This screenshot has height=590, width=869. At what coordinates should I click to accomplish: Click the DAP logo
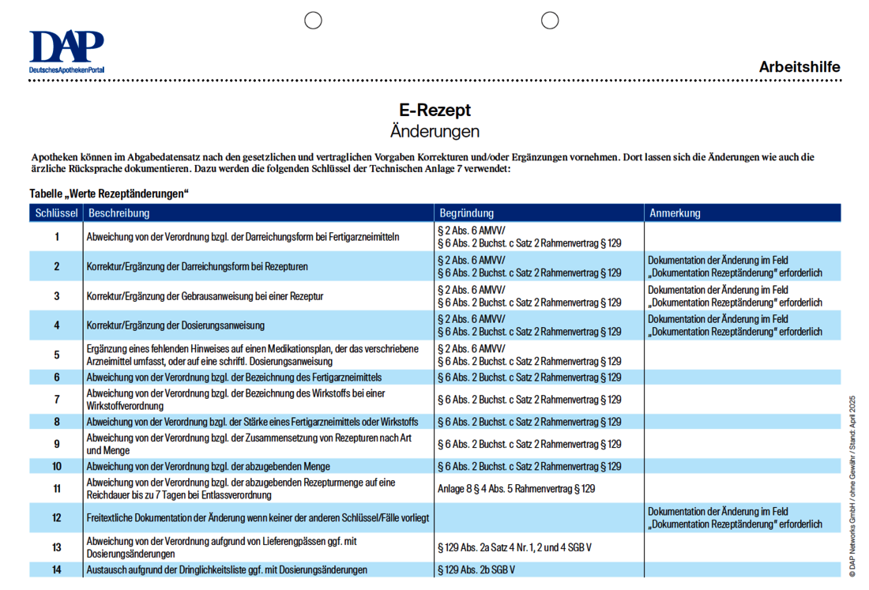click(66, 51)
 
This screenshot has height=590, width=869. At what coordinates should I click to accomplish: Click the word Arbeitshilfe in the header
click(799, 67)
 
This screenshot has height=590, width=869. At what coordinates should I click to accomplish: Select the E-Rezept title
click(434, 111)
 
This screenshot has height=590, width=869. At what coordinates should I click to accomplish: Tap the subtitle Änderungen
click(434, 131)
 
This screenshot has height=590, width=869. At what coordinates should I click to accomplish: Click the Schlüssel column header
click(56, 213)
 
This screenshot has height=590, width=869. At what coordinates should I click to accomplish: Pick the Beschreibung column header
click(119, 213)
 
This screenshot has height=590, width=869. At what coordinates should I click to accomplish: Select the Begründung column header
click(467, 213)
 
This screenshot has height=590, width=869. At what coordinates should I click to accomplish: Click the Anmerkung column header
click(675, 213)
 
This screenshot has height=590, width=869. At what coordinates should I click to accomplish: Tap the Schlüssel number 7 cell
click(57, 400)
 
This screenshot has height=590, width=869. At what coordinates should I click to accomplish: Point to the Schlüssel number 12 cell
click(57, 518)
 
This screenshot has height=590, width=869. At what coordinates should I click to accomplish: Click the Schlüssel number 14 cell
click(57, 569)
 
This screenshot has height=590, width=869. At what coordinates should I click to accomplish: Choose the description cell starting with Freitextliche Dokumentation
click(258, 518)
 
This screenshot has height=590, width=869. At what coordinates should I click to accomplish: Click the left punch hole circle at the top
click(314, 21)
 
